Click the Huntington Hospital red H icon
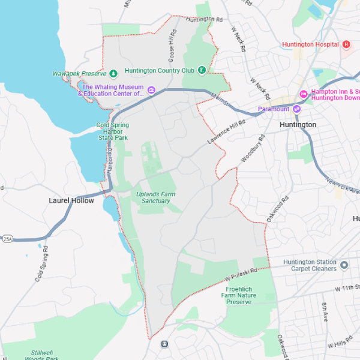pos(346,44)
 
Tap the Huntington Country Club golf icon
pos(202,70)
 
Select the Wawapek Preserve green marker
pos(113,74)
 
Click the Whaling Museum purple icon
pos(151,90)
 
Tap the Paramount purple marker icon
pos(296,109)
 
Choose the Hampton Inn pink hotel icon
pos(304,94)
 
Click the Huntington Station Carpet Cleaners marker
pos(344,265)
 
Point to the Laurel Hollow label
pos(71,200)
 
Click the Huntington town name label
pos(298,124)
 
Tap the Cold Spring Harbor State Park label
pos(113,131)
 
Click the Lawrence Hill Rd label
pos(227,131)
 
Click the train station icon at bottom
pos(164,344)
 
